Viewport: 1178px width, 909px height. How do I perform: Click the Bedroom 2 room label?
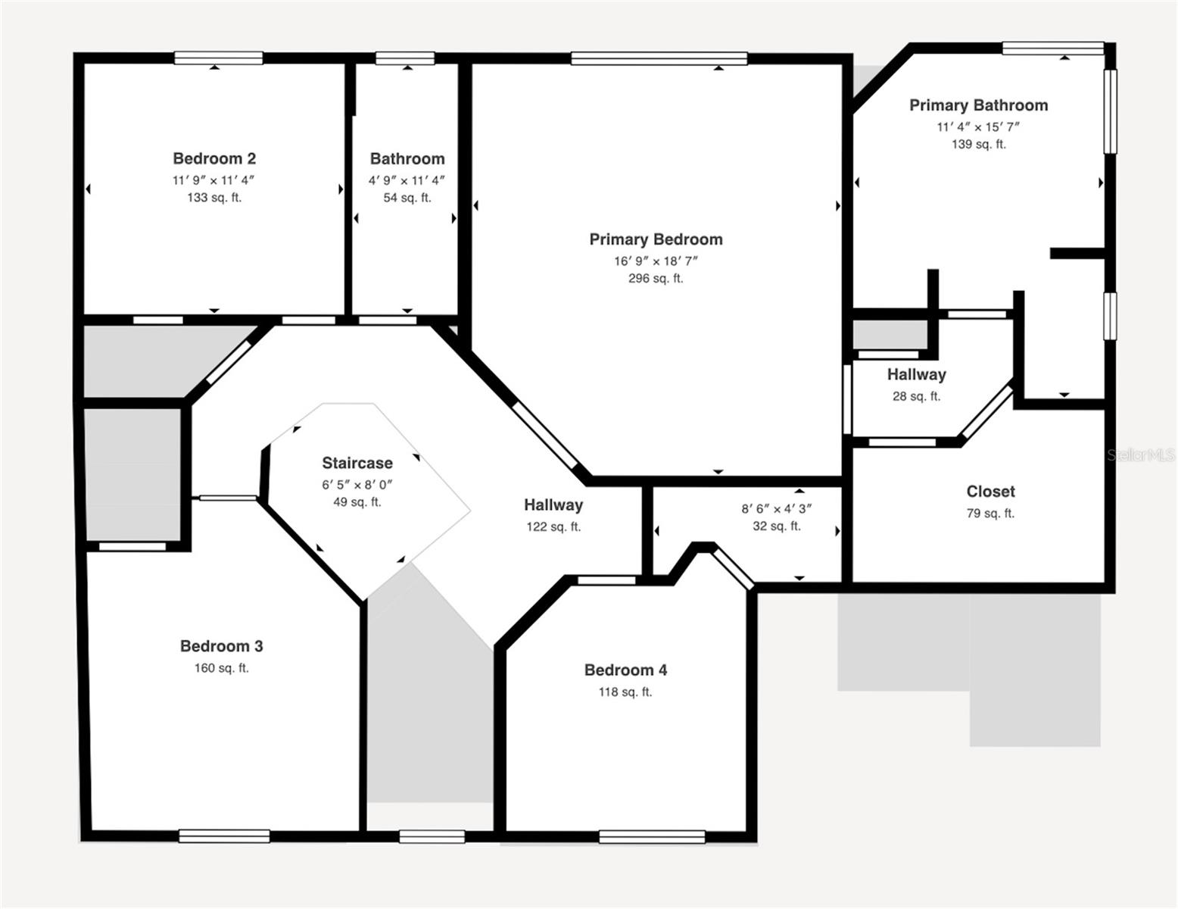[x=214, y=158]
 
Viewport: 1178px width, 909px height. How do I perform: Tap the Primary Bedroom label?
[x=656, y=239]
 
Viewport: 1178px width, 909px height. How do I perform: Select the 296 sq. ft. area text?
[x=656, y=278]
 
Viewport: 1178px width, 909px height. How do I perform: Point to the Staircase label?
[x=357, y=463]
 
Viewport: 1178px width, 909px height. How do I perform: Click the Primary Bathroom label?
[x=978, y=105]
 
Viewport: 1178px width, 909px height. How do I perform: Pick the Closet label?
[x=990, y=492]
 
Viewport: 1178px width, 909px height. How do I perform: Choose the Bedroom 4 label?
[x=625, y=670]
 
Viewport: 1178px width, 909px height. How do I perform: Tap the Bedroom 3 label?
[x=221, y=646]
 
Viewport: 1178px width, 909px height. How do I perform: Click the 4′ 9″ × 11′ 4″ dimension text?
[x=407, y=180]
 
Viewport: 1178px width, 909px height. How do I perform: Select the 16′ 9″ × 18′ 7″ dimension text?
[x=656, y=261]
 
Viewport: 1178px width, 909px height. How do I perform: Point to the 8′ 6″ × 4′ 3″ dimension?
[x=776, y=509]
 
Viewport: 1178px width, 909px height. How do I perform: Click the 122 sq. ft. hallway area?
[x=553, y=526]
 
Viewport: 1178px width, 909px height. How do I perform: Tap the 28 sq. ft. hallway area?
[x=916, y=396]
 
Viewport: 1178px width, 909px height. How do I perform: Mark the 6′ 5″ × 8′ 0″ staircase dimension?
[x=357, y=484]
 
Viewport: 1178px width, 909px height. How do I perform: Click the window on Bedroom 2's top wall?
[x=219, y=58]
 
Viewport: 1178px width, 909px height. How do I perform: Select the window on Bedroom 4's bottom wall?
[x=652, y=837]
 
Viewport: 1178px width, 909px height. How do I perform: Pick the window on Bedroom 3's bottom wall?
[x=224, y=836]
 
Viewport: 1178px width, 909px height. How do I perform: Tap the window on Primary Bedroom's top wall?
[x=659, y=58]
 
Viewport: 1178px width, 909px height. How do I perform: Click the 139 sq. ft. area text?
[x=978, y=144]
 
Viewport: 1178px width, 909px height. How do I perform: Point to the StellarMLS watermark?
[x=1141, y=454]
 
